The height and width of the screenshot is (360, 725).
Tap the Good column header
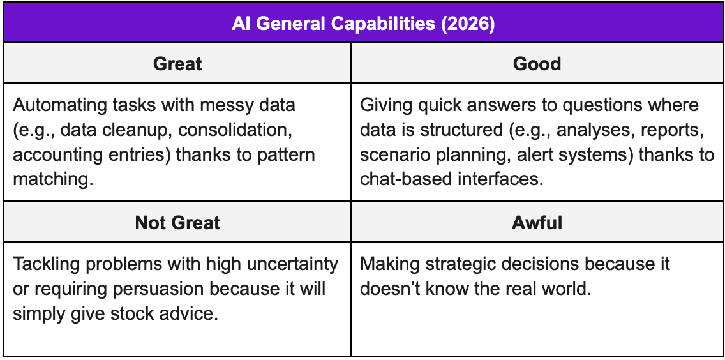(537, 64)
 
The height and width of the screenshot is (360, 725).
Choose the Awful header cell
(537, 222)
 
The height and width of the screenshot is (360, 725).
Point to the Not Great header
(177, 222)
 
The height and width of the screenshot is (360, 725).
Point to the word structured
(440, 130)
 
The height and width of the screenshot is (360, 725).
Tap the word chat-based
(403, 179)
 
